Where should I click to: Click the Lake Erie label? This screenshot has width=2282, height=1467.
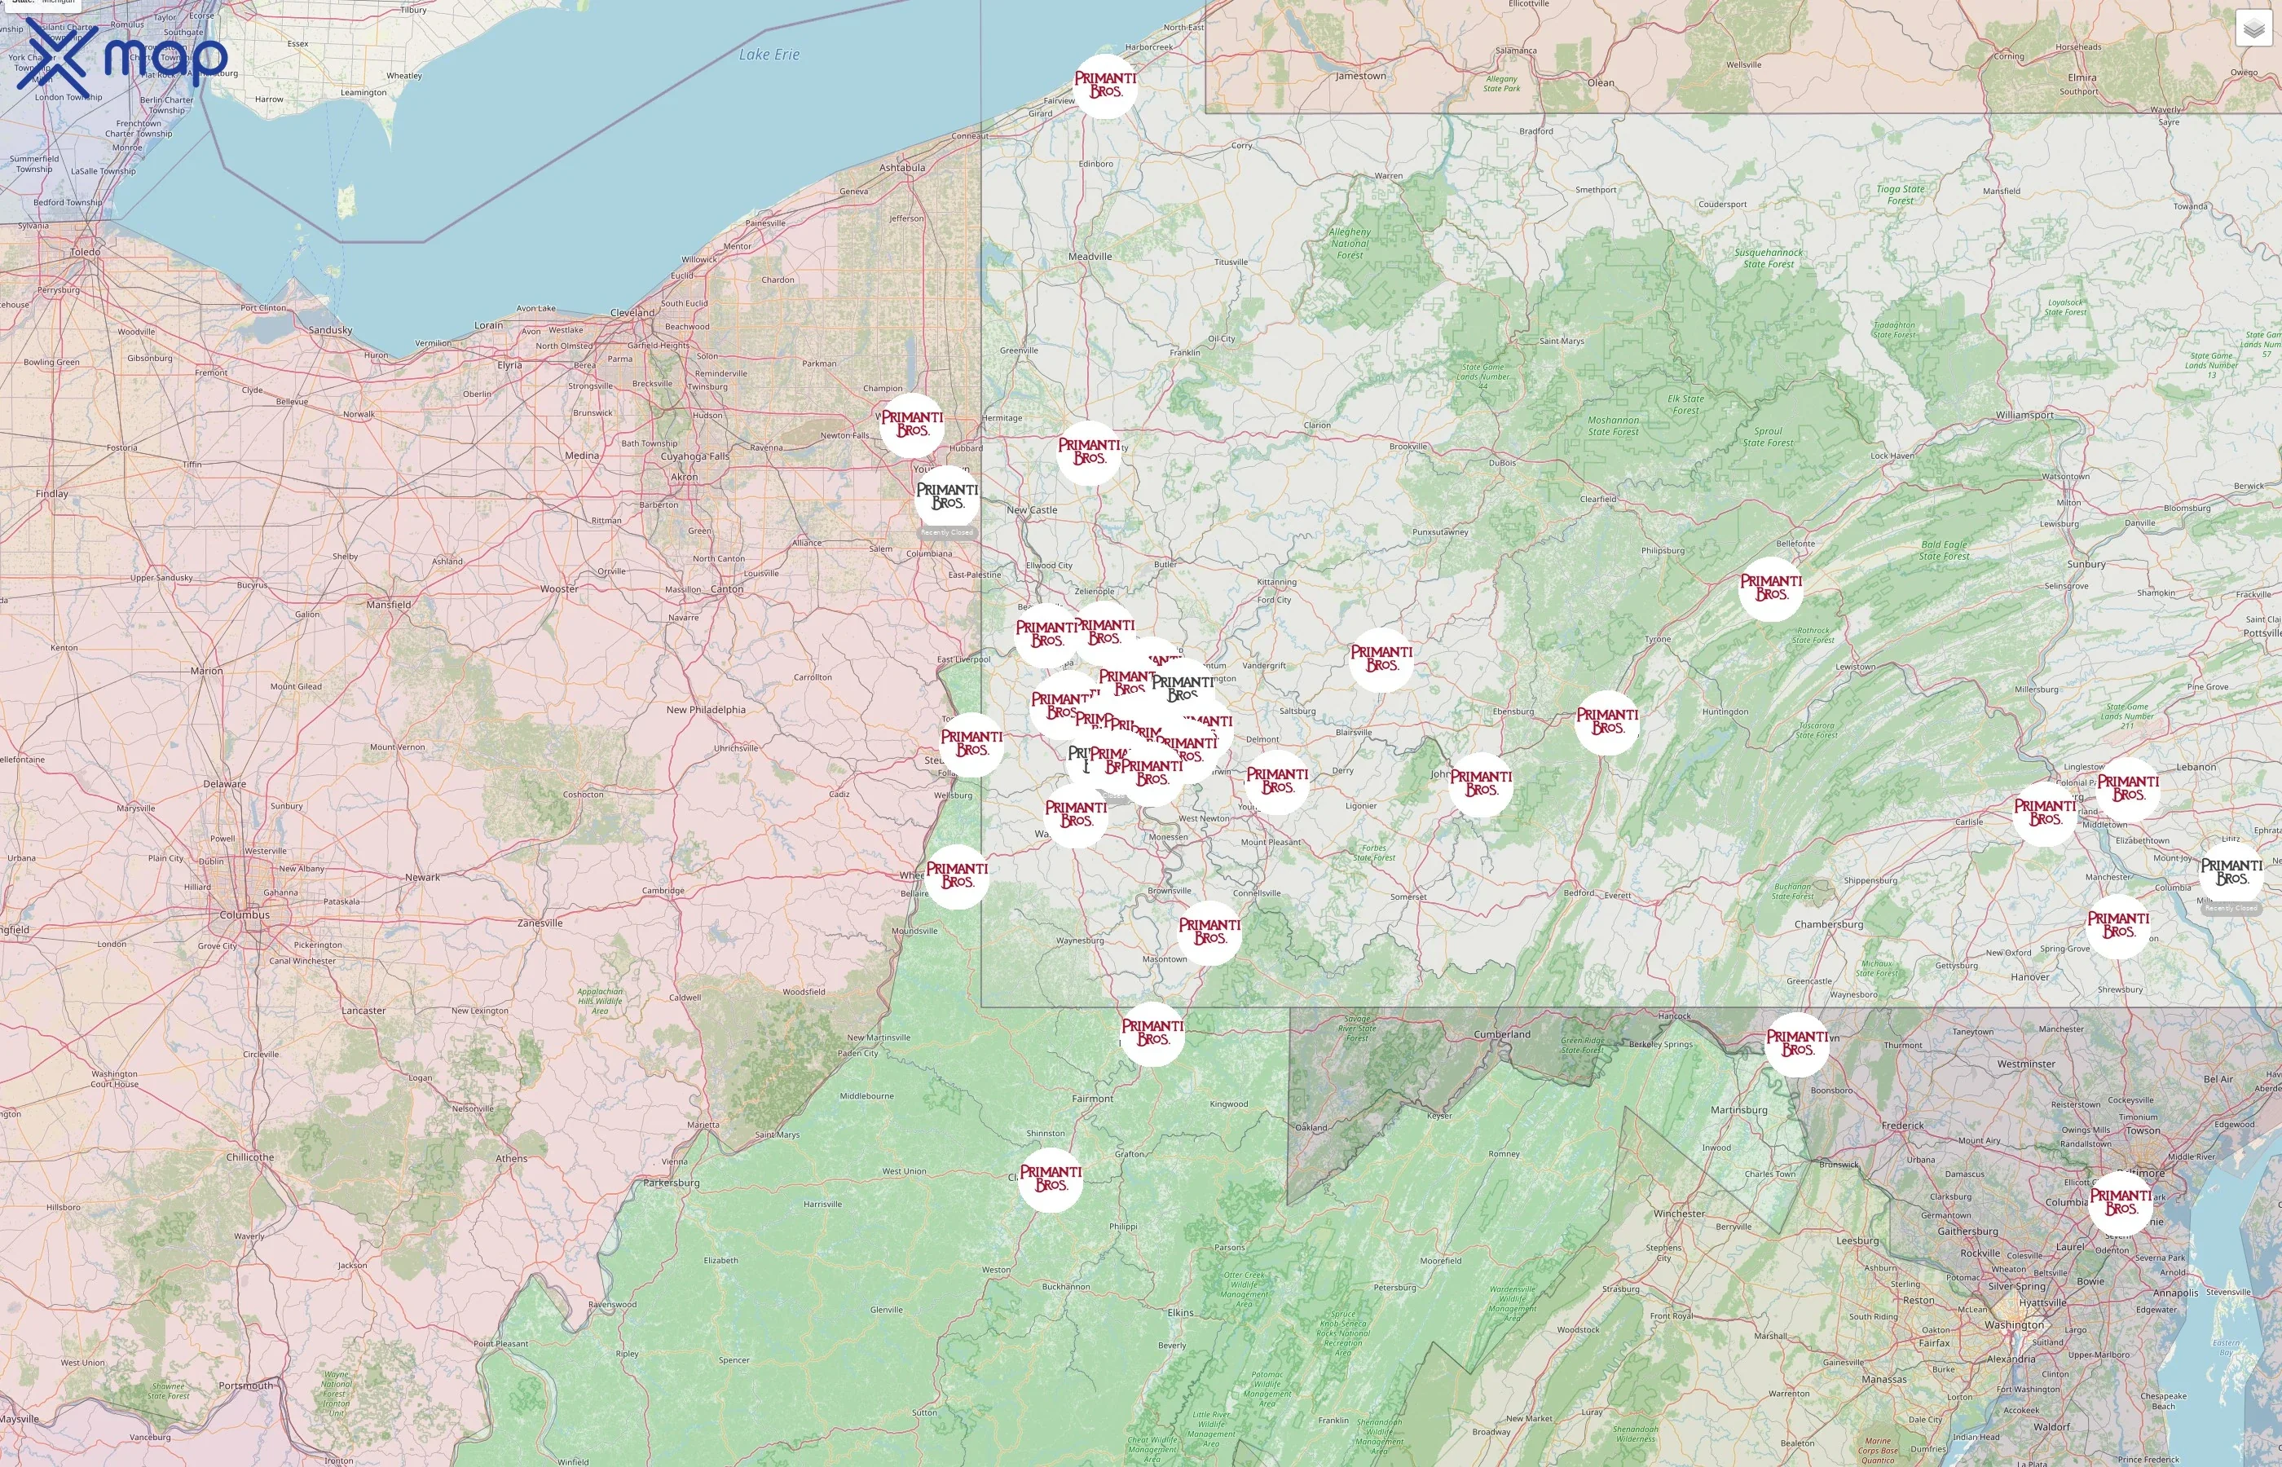tap(769, 55)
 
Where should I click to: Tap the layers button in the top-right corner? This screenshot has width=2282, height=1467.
tap(2253, 29)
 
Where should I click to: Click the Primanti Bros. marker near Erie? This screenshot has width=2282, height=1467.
tap(1105, 86)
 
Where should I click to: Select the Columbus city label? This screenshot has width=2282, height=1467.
tap(244, 914)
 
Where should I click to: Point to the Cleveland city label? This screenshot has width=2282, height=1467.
tap(632, 312)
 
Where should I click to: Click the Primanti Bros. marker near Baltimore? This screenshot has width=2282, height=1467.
tap(2120, 1202)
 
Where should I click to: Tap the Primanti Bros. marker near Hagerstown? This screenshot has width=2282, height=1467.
tap(1796, 1044)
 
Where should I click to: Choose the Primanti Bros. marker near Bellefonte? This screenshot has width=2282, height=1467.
tap(1770, 588)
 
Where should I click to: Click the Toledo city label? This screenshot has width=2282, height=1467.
tap(85, 253)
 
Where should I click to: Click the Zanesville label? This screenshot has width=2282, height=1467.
tap(540, 923)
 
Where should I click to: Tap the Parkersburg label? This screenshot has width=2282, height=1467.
tap(672, 1183)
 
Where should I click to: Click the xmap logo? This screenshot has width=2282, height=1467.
tap(122, 57)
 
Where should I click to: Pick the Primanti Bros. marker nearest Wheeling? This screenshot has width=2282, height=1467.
tap(957, 876)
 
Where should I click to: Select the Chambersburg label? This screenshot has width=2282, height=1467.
tap(1829, 924)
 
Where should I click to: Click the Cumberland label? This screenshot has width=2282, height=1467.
tap(1502, 1034)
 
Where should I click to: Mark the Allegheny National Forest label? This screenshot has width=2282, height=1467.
tap(1350, 243)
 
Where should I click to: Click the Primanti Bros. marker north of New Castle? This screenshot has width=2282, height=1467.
tap(1089, 452)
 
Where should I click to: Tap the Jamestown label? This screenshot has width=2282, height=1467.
tap(1360, 77)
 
